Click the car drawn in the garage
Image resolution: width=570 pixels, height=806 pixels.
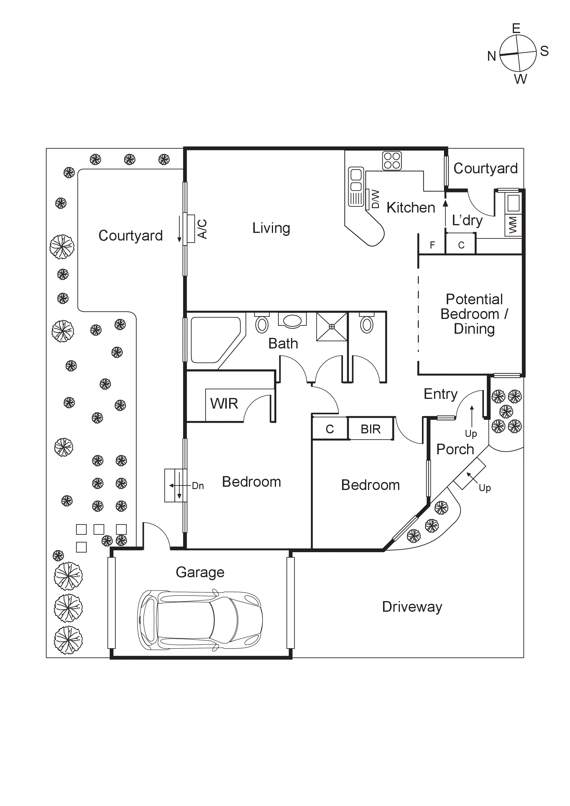(199, 620)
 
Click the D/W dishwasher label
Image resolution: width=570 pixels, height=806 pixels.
(375, 199)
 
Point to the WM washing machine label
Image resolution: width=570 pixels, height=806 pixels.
(513, 225)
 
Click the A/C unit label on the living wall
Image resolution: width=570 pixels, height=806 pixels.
(202, 229)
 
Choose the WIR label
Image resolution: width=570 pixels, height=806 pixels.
(224, 404)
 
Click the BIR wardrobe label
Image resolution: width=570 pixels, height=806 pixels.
(371, 429)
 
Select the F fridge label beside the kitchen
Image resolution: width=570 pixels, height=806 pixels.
(432, 245)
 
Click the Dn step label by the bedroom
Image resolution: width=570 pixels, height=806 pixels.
(198, 486)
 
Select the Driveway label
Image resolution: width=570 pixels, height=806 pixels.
(412, 607)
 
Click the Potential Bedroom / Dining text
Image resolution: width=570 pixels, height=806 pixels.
(474, 314)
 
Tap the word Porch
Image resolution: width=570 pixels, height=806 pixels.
(455, 449)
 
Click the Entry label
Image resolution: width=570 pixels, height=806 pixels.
(441, 394)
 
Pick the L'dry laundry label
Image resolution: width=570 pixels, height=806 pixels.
(467, 221)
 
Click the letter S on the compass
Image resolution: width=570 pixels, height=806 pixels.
(544, 51)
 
